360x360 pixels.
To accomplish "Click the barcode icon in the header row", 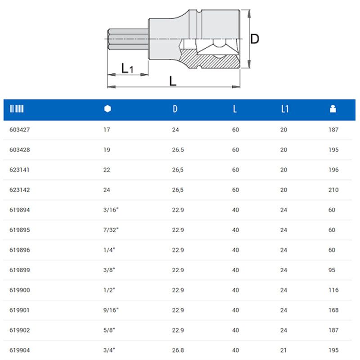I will (x=17, y=109).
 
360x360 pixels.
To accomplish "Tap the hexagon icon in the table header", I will (x=107, y=109).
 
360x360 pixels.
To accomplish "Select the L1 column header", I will (x=284, y=109).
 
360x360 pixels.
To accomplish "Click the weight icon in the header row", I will (x=333, y=109).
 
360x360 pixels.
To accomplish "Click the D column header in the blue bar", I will (x=175, y=109).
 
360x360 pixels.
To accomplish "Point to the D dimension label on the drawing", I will (x=255, y=39).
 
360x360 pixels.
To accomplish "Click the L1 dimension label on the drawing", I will (x=127, y=68).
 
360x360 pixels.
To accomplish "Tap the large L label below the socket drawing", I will (x=173, y=81).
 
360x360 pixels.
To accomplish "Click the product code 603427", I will (x=19, y=130).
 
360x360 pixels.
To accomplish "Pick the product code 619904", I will (x=19, y=350).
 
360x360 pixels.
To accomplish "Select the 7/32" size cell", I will (x=111, y=230).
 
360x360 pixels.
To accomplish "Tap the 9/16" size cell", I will (x=111, y=310).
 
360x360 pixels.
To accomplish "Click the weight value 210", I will (x=333, y=190).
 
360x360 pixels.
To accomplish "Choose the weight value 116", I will (x=333, y=290).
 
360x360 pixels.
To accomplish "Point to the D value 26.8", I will (x=178, y=350).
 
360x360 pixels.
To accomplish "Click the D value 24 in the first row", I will (x=175, y=130).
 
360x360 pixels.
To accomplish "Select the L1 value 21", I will (x=283, y=350).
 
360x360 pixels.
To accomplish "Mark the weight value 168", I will (x=333, y=310).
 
